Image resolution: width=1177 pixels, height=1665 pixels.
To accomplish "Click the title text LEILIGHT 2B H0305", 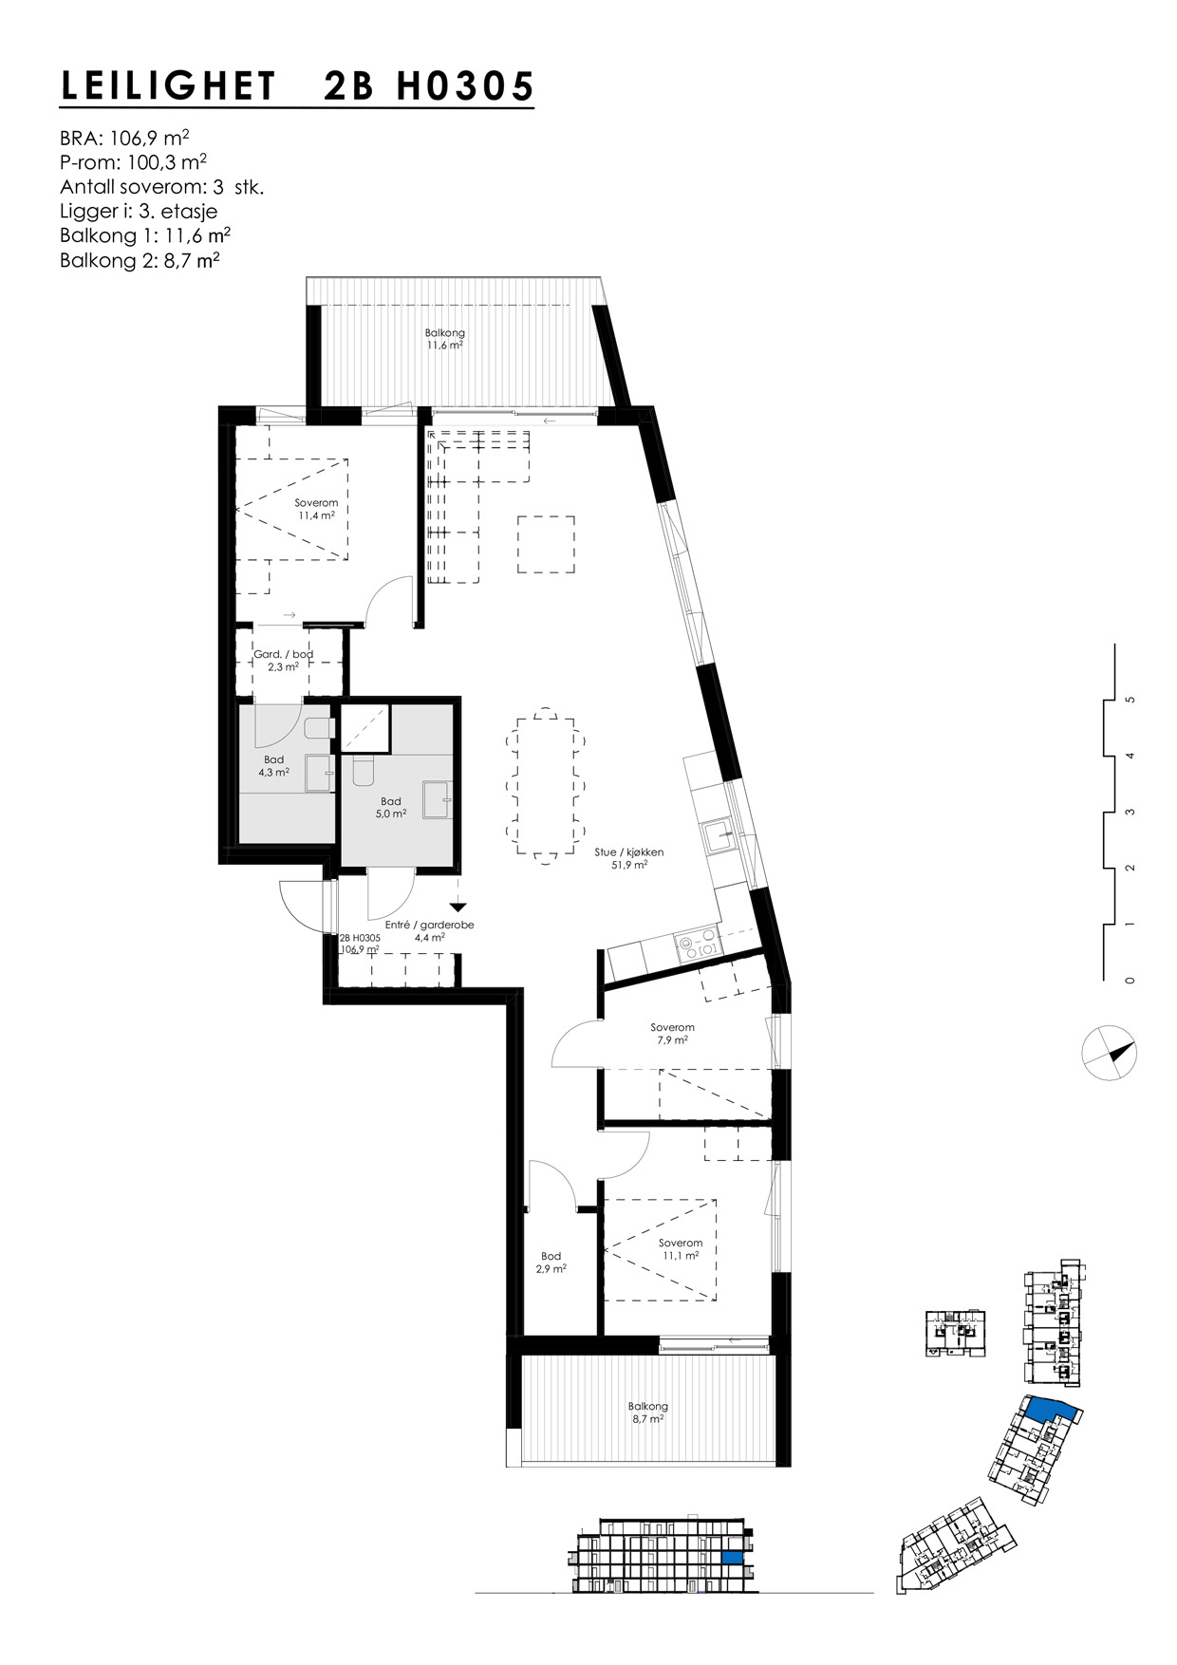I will [x=297, y=87].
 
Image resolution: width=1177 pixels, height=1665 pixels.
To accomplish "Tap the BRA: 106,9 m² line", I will [x=131, y=138].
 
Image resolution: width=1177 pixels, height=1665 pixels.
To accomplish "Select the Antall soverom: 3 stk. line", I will [x=161, y=187].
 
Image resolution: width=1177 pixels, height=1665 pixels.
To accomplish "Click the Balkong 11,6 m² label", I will [x=444, y=339].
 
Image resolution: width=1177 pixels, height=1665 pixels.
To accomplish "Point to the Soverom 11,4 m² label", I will [x=316, y=509].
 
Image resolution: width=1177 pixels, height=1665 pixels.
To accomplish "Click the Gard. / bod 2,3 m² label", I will [x=283, y=660].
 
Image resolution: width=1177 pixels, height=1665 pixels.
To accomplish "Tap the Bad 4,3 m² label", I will [x=273, y=765].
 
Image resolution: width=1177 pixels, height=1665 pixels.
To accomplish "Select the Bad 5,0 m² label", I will [x=390, y=807].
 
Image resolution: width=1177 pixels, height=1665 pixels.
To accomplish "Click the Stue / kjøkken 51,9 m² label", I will [x=628, y=858].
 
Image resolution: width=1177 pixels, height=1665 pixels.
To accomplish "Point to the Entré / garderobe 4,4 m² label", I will [x=429, y=930].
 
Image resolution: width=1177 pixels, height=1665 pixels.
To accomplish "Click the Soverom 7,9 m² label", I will [x=672, y=1033].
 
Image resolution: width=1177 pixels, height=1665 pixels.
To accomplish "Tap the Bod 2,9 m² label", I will [x=551, y=1262].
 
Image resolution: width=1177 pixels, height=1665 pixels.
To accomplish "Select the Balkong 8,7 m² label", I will [x=647, y=1412].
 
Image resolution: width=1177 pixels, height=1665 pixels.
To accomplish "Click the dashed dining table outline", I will [x=546, y=786].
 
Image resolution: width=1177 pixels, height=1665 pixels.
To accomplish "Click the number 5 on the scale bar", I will [x=1130, y=700].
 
